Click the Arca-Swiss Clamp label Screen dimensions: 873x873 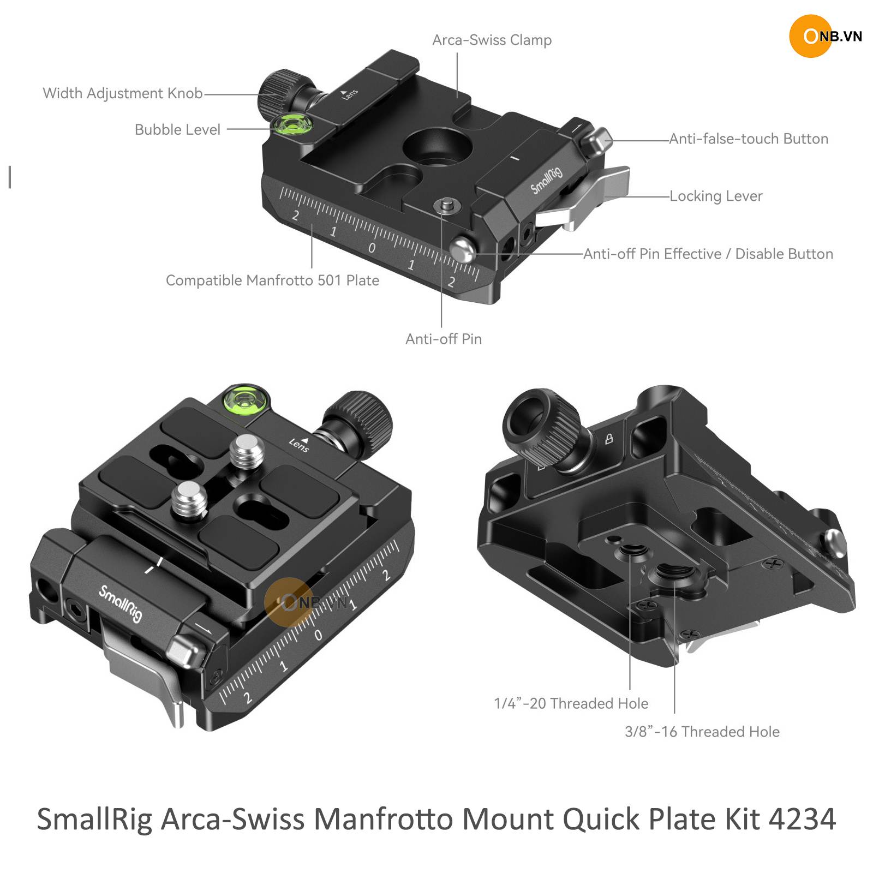[x=492, y=40]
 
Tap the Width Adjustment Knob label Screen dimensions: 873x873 [x=123, y=93]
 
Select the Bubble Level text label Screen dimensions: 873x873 [x=177, y=130]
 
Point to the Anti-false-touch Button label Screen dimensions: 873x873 [x=749, y=139]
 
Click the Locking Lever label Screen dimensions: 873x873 [x=716, y=196]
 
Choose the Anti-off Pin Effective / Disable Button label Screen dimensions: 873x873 [x=708, y=254]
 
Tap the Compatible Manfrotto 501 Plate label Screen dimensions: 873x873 [x=272, y=280]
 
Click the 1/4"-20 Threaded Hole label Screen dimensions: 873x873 [x=571, y=703]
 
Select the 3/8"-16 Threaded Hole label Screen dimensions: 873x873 [x=702, y=732]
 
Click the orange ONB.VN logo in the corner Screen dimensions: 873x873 [x=825, y=36]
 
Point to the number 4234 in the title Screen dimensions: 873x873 [x=802, y=820]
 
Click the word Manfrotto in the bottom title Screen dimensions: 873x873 [x=384, y=820]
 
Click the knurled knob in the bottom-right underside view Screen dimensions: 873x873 [x=542, y=430]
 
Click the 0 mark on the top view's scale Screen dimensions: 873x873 [x=372, y=248]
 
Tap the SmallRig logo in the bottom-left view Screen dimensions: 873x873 [x=121, y=603]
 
